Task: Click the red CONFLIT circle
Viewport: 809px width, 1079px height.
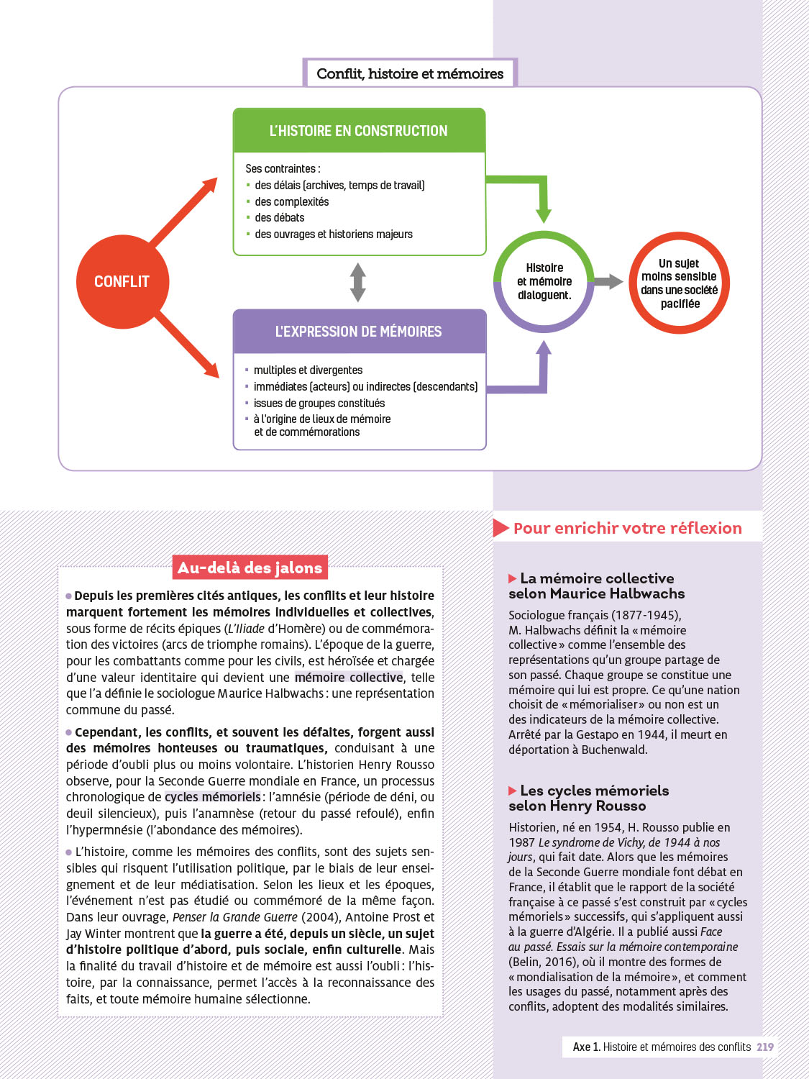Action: click(x=122, y=281)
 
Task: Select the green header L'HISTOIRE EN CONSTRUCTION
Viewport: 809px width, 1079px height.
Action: click(x=358, y=131)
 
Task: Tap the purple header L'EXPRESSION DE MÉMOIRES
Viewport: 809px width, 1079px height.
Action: click(x=358, y=332)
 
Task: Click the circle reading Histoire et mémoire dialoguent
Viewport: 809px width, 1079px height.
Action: click(x=544, y=281)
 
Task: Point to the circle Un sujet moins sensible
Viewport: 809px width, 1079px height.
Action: click(x=680, y=283)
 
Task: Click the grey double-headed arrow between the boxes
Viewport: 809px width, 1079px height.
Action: click(x=357, y=282)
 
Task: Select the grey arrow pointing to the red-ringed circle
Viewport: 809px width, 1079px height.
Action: click(x=608, y=282)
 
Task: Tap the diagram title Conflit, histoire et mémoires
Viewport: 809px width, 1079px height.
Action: click(x=410, y=73)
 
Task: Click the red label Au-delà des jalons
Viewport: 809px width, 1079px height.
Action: click(x=250, y=568)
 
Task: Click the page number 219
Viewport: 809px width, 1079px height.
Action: click(x=765, y=1047)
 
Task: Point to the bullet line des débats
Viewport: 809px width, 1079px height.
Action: click(x=279, y=217)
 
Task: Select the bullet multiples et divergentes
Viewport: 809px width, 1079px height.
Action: click(x=308, y=370)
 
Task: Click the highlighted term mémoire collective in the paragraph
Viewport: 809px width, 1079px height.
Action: click(x=349, y=677)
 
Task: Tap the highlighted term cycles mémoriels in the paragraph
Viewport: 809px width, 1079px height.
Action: click(x=213, y=797)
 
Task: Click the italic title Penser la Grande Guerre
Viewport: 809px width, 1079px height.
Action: click(x=234, y=917)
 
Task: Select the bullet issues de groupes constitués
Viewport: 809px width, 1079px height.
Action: click(x=319, y=403)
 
